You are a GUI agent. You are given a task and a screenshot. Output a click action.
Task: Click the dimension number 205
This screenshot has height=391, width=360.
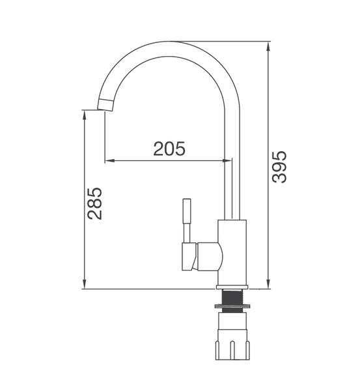click(169, 149)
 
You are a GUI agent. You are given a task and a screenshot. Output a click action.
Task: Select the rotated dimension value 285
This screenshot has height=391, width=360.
click(95, 203)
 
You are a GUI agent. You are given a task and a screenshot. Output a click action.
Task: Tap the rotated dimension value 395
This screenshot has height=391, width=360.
click(279, 167)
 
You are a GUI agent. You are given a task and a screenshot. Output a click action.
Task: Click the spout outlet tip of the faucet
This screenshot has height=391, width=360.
click(105, 104)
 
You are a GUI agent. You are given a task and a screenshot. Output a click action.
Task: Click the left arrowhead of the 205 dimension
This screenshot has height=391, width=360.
click(109, 159)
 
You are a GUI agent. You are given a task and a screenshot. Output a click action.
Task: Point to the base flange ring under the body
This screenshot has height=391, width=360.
click(232, 287)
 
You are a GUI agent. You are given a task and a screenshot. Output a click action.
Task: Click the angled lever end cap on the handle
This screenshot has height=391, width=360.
click(189, 257)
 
